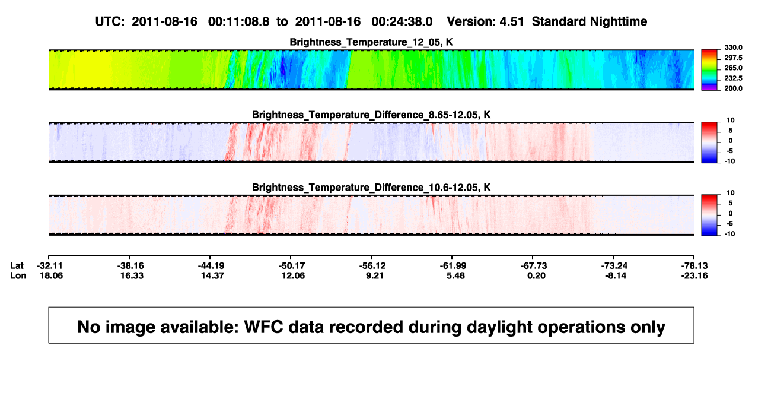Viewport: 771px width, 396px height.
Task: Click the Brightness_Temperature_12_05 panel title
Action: pos(371,42)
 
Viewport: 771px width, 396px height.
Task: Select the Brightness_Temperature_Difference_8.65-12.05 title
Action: pos(371,115)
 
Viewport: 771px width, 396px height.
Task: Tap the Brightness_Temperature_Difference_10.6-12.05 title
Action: pos(371,188)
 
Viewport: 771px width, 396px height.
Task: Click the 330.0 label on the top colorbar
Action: pos(733,47)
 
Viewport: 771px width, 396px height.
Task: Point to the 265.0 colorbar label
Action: pos(733,68)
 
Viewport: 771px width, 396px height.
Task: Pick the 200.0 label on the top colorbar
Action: pos(733,88)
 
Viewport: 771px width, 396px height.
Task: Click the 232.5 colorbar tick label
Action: pos(733,78)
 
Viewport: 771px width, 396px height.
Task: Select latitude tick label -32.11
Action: pos(50,266)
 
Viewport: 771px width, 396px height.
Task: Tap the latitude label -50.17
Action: pos(292,266)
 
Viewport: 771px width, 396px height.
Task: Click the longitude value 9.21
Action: pos(374,275)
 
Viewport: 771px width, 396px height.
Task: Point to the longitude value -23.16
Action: pos(694,275)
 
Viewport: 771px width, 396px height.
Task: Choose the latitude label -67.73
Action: pos(534,266)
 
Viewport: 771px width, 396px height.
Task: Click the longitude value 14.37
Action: pos(212,275)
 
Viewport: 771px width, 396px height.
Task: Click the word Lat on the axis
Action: pos(17,266)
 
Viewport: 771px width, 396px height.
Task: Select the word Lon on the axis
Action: pos(18,275)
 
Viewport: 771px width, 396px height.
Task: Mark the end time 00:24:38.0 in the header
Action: pos(402,22)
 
